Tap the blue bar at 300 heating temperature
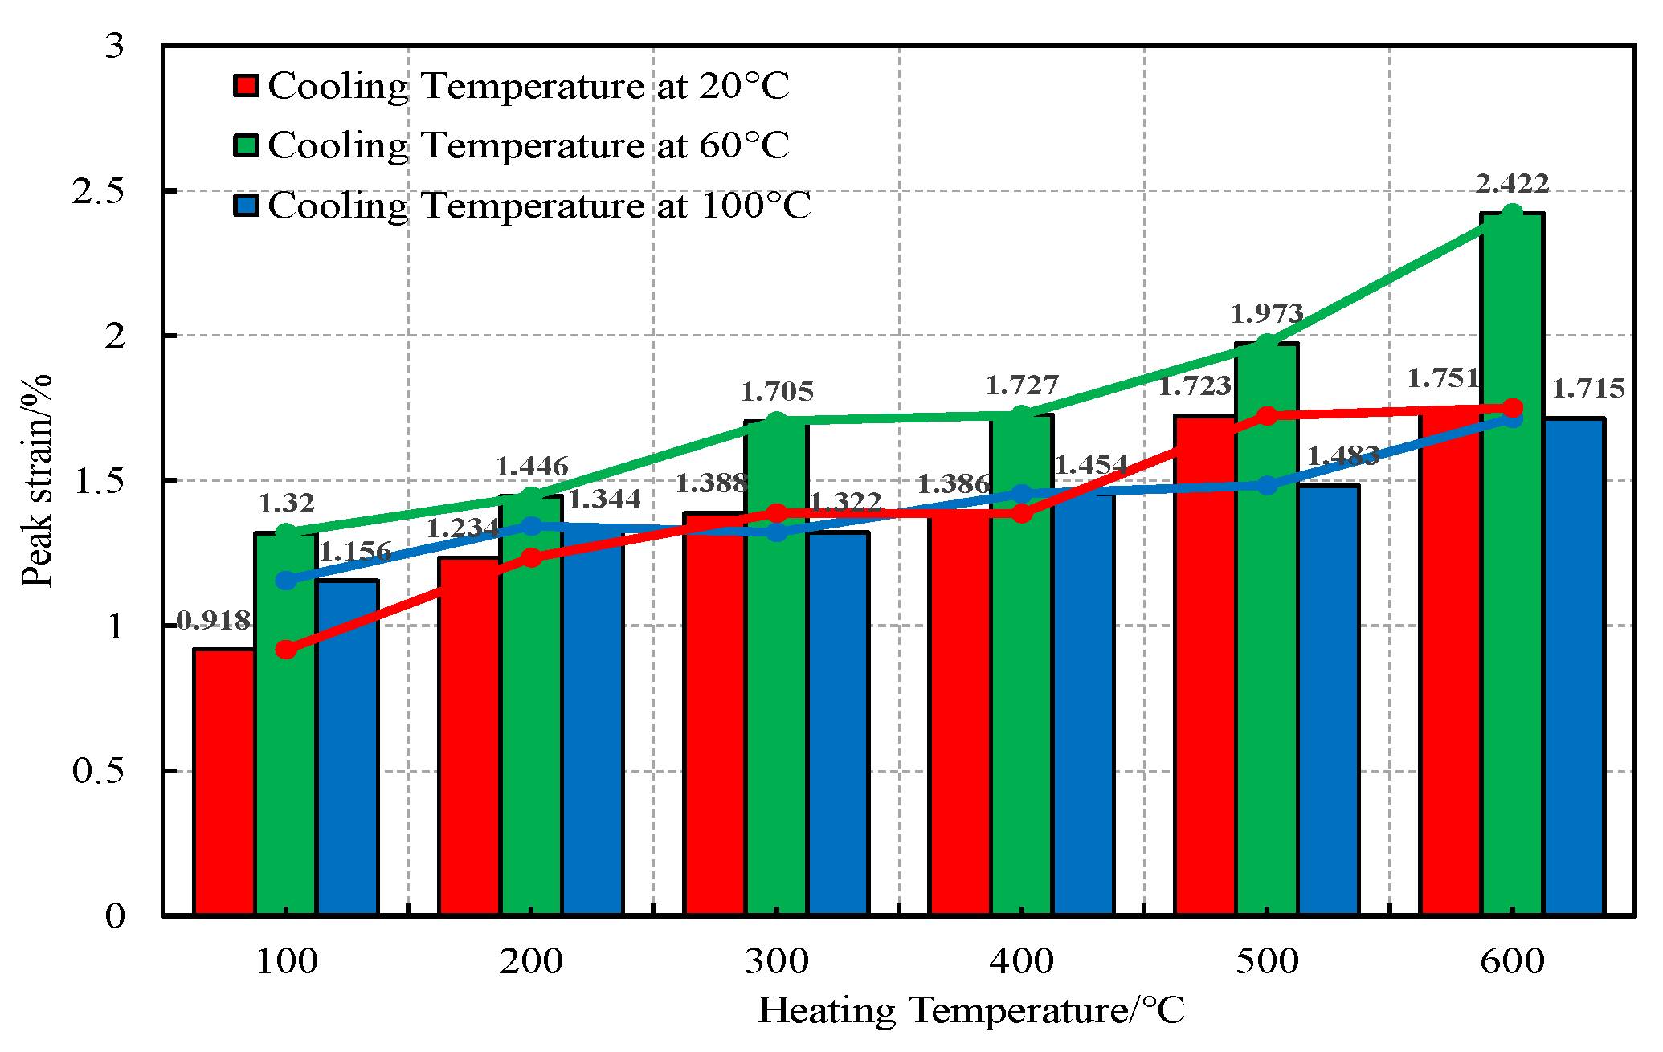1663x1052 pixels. (x=838, y=723)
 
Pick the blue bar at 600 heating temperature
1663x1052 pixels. (x=1574, y=667)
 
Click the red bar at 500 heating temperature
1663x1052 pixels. (x=1204, y=667)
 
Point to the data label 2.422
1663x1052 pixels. (x=1512, y=184)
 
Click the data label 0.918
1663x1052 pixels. (x=213, y=620)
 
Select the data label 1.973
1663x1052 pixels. (x=1267, y=313)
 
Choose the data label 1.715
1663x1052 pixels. (x=1587, y=389)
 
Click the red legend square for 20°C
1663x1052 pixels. (x=246, y=86)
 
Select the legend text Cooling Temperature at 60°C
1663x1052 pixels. (x=528, y=145)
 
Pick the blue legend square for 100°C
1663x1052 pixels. (x=246, y=206)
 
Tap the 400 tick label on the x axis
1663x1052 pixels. (x=1021, y=961)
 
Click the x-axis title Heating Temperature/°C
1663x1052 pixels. (x=970, y=1011)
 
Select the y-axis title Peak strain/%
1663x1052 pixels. (x=36, y=480)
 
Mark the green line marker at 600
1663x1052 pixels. (x=1512, y=214)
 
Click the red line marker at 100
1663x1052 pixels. (x=286, y=650)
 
